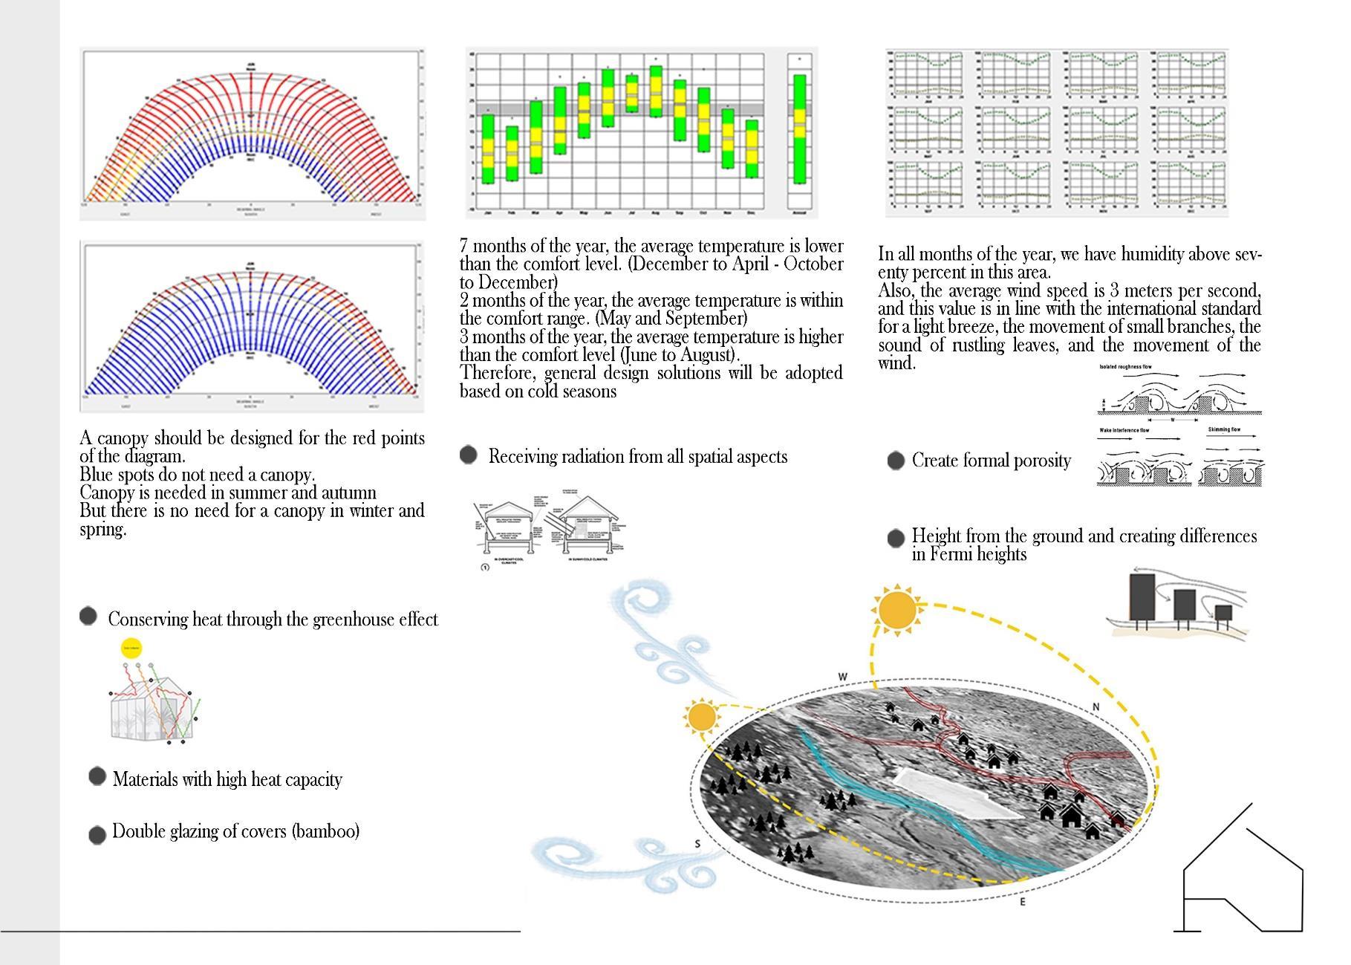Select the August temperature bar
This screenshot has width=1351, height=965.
(656, 91)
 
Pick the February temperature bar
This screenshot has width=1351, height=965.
(512, 153)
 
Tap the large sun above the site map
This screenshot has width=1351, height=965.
(897, 609)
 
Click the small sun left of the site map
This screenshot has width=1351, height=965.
(701, 718)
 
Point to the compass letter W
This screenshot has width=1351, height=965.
(842, 677)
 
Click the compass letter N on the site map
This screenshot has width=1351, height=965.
(1096, 707)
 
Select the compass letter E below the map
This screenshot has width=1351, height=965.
(1023, 902)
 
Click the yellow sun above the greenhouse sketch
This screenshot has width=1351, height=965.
(131, 649)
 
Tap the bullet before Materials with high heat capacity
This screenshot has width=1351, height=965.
(97, 776)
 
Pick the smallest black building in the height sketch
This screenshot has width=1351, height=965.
(1223, 613)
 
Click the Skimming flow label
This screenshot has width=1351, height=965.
(1223, 429)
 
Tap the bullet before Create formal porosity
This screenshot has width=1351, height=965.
(896, 461)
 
